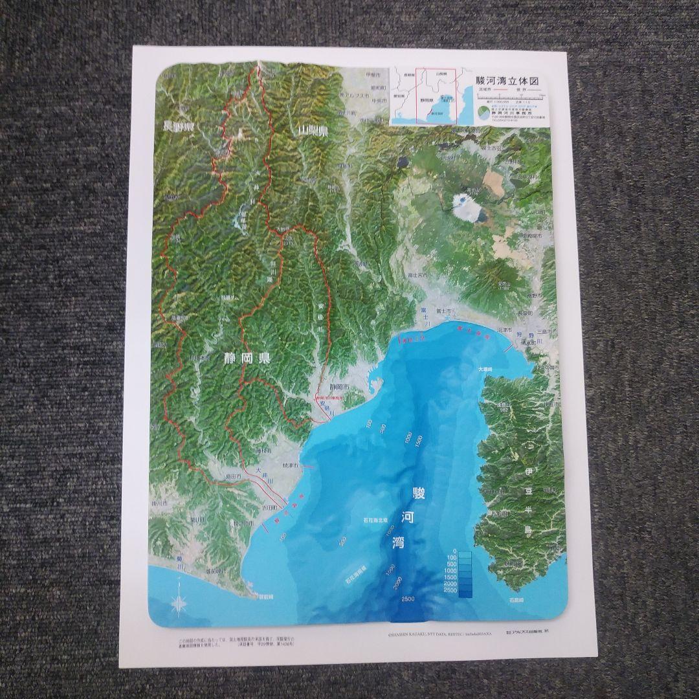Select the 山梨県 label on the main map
pos(312,131)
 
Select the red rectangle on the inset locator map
pos(435,96)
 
